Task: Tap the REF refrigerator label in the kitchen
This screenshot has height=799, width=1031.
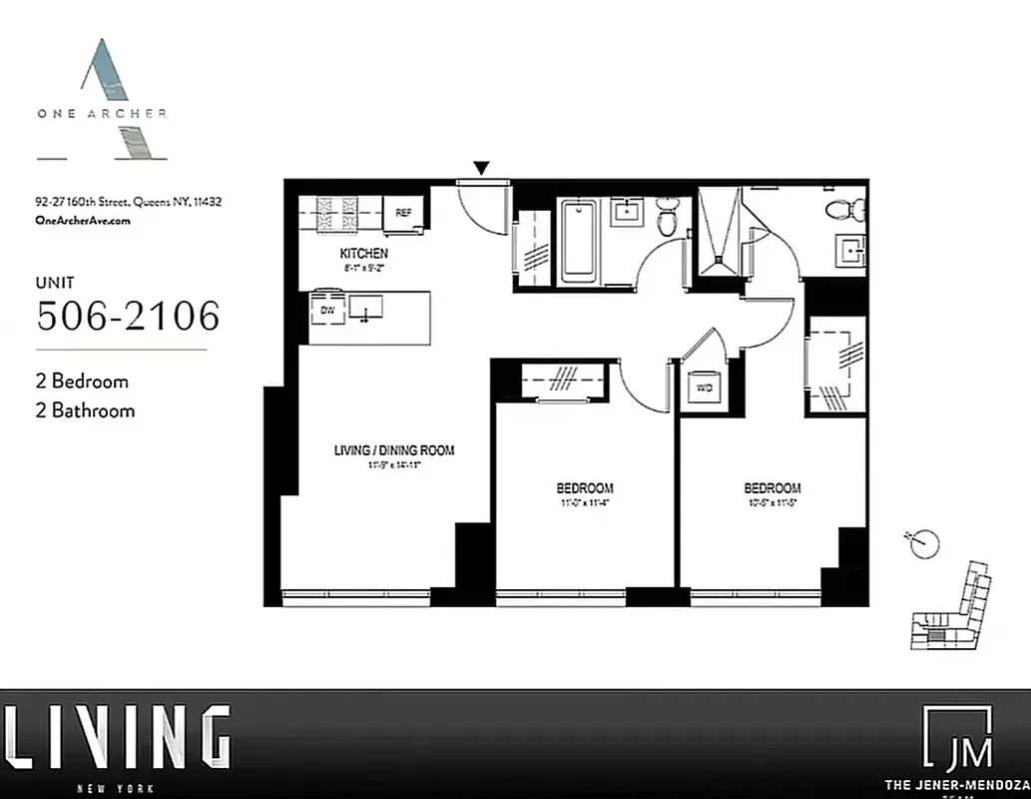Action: [403, 213]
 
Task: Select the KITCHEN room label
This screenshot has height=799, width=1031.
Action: [363, 254]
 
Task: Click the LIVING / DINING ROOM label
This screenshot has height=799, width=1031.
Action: [393, 450]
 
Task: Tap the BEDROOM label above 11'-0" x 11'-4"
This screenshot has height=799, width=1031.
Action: [585, 487]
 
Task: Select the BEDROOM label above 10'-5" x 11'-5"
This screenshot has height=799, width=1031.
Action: [772, 487]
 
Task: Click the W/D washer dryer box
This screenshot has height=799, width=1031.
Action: [705, 388]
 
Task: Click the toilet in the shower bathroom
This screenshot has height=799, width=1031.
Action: [850, 211]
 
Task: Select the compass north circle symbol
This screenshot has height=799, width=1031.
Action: [925, 543]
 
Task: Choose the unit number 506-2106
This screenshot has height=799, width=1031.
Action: [128, 317]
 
